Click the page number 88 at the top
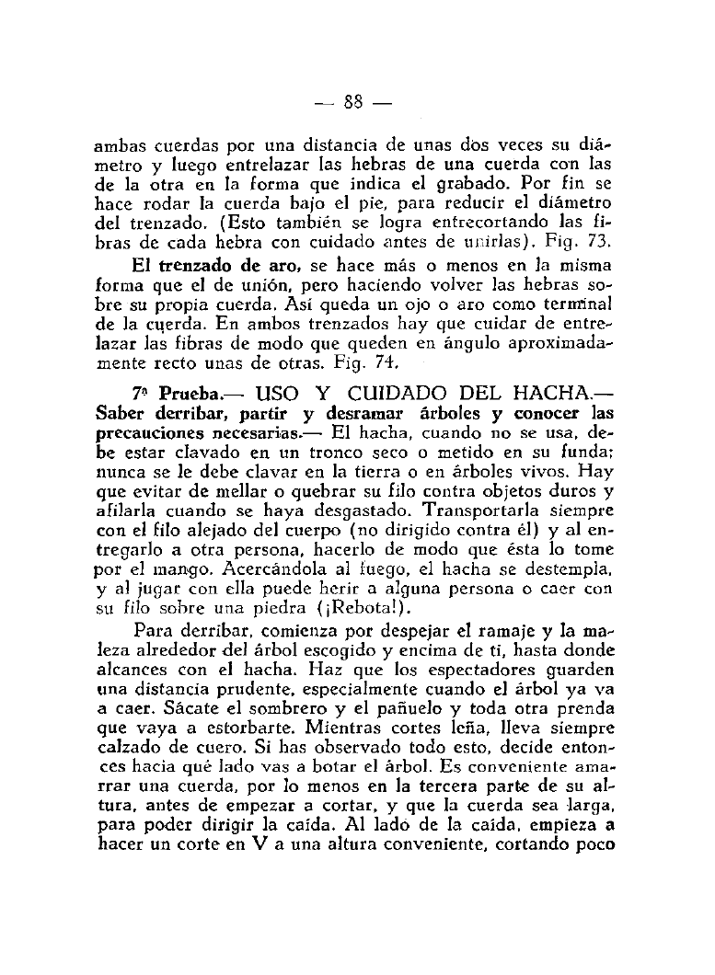(353, 101)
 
